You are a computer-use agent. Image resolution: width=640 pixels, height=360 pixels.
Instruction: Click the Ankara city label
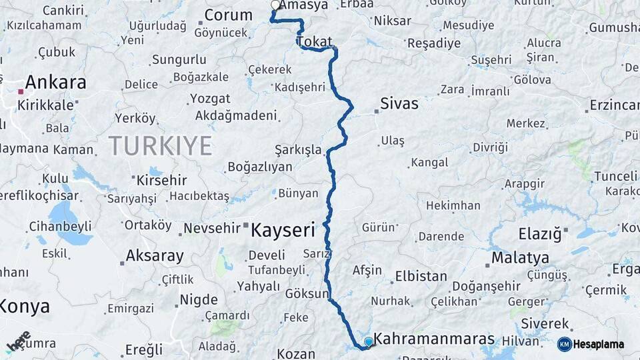pos(56,83)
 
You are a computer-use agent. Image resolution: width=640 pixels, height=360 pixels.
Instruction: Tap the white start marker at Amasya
pos(275,5)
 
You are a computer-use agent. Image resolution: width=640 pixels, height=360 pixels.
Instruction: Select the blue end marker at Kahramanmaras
pos(368,341)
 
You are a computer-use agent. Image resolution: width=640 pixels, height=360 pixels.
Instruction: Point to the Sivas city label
pos(399,103)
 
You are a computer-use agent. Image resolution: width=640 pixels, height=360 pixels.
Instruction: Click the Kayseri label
pos(282,231)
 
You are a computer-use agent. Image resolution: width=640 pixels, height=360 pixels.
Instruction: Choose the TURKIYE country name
pos(160,145)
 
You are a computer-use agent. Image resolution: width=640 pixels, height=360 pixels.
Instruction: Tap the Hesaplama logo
pos(591,344)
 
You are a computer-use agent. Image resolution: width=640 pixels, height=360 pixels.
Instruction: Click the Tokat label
pos(314,42)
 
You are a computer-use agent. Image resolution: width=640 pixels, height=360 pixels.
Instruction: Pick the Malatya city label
pos(520,258)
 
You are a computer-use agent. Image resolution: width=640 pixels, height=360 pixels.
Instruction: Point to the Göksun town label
pos(307,293)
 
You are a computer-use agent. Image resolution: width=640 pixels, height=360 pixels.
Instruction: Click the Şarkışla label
pos(298,149)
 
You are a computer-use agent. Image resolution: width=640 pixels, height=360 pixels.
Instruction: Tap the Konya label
pos(25,307)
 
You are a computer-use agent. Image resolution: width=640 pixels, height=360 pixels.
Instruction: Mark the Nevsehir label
pos(211,228)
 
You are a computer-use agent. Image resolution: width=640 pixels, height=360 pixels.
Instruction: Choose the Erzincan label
pos(614,105)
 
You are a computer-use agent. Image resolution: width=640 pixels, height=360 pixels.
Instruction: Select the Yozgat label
pos(209,99)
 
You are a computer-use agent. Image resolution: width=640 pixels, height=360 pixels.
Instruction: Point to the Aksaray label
pos(155,256)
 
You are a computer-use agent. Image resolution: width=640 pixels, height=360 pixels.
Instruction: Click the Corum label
pos(228,15)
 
